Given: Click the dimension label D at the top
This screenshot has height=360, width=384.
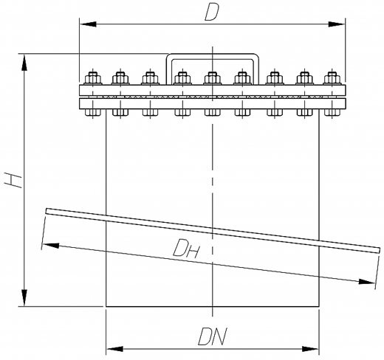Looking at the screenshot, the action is [x=211, y=13].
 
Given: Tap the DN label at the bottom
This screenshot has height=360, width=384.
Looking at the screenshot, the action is [x=212, y=336].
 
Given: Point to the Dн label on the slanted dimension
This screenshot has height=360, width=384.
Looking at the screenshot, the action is [x=186, y=248].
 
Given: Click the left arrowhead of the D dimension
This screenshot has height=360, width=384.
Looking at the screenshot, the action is [x=88, y=24].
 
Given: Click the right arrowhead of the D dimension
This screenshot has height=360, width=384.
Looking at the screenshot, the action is [x=337, y=24].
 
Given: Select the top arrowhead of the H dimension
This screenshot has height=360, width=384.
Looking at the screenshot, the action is [x=24, y=63].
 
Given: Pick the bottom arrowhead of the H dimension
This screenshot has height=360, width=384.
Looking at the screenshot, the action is [x=24, y=298].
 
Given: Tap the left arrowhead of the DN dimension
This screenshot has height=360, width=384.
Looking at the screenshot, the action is [x=114, y=349].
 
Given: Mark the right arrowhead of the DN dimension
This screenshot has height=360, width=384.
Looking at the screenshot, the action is [x=311, y=349].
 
